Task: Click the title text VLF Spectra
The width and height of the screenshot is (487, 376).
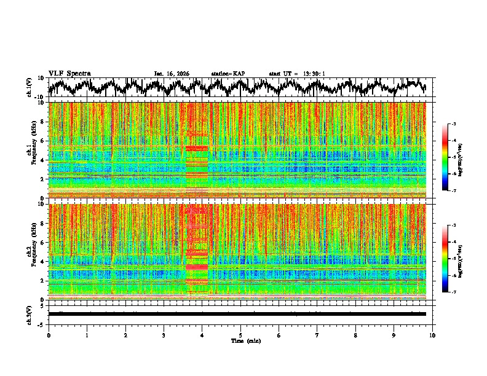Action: tap(69, 73)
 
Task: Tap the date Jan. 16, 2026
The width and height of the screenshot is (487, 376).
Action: tap(172, 74)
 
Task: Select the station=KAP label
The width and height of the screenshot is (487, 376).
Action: tap(228, 74)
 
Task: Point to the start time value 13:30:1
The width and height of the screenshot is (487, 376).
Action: tap(314, 74)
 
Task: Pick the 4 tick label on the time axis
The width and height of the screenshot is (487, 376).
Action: tap(202, 335)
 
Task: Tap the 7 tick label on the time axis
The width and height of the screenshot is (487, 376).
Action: tap(317, 335)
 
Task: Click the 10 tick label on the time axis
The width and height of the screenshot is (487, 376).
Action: tap(432, 335)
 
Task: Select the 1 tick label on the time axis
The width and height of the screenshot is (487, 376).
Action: tap(87, 335)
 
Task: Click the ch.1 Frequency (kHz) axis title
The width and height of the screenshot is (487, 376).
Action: tap(31, 150)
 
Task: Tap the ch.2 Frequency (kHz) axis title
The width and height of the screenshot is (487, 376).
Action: tap(31, 252)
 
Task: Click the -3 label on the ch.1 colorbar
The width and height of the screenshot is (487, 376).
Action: tap(453, 125)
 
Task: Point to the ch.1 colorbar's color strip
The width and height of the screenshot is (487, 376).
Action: tap(446, 157)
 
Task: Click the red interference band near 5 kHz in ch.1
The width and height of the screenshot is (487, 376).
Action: tap(197, 148)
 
